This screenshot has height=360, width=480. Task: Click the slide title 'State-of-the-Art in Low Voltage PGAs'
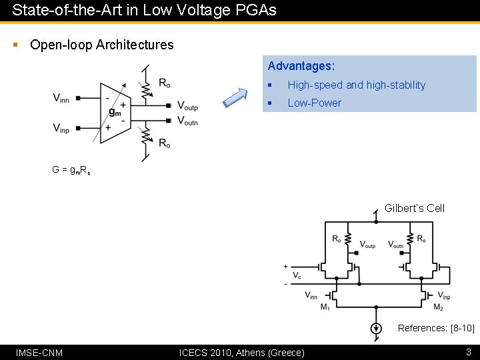[144, 10]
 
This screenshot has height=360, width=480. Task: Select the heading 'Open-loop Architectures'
[101, 45]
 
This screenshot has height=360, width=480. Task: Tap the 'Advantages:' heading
[301, 66]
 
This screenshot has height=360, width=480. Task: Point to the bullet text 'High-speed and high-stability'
[356, 85]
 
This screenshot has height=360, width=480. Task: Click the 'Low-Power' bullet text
[314, 103]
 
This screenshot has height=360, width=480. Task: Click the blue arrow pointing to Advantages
[235, 97]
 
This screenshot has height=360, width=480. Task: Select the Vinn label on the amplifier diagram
[61, 98]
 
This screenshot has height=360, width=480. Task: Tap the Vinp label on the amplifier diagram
[61, 127]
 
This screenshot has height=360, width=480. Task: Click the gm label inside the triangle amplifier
[115, 112]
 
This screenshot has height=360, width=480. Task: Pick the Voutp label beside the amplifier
[187, 105]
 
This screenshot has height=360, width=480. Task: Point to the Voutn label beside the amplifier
[187, 121]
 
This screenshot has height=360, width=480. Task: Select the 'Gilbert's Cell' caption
[414, 208]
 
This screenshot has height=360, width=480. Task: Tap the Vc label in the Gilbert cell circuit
[297, 275]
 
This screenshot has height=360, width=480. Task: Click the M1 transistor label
[325, 307]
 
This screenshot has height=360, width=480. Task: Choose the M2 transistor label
[438, 307]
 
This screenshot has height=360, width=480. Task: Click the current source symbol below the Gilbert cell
[376, 328]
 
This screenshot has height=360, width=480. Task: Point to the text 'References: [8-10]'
[436, 328]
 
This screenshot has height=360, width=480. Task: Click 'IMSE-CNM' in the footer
[39, 352]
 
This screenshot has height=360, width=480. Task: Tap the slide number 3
[468, 351]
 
